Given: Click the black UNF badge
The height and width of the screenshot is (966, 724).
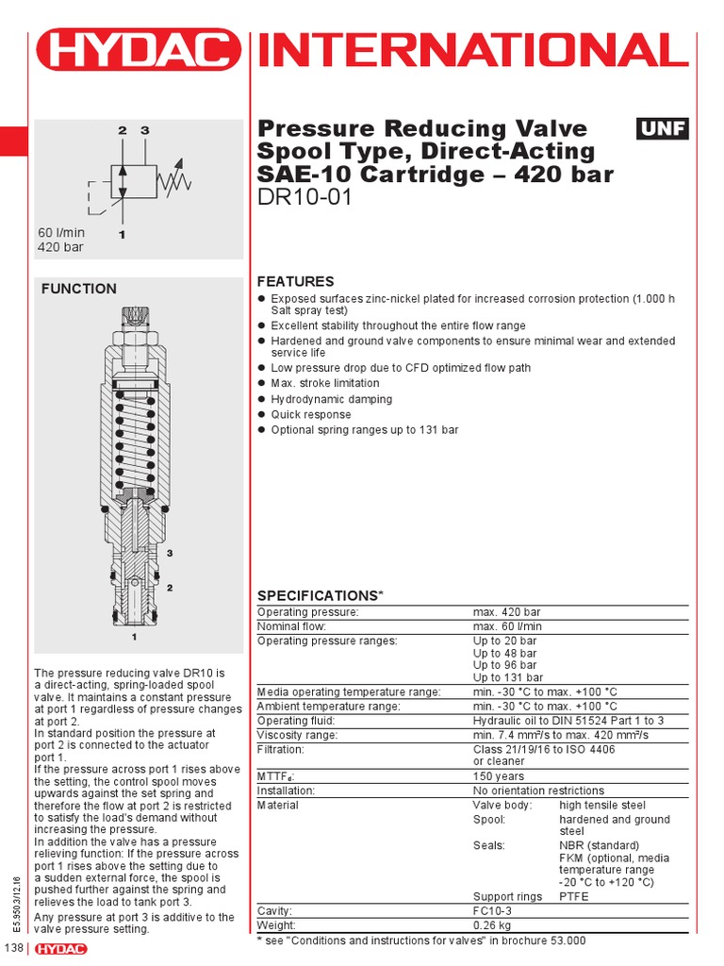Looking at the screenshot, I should tap(663, 129).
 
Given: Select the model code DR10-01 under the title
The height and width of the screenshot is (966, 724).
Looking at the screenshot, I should tap(304, 198).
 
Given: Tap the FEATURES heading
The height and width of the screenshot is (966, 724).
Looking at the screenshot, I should tap(295, 281).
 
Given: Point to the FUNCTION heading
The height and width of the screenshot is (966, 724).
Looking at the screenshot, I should tap(79, 289).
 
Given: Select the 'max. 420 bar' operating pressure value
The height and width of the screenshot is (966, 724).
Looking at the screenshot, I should tap(507, 612).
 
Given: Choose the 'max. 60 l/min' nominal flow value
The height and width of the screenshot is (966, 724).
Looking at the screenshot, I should tap(507, 626).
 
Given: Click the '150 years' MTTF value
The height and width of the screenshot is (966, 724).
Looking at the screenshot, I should tap(499, 776).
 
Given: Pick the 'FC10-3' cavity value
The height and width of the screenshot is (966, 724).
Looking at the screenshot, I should tap(493, 911).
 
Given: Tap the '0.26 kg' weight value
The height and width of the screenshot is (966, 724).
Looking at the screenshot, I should tap(493, 925).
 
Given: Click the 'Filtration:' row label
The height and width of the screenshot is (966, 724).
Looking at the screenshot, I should tap(281, 749).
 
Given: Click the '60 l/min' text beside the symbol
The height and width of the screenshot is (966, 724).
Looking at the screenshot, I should tap(61, 232).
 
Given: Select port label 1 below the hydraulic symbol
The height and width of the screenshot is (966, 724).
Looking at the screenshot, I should tap(122, 231).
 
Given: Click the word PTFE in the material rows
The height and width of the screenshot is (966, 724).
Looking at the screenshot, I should tap(573, 896).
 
